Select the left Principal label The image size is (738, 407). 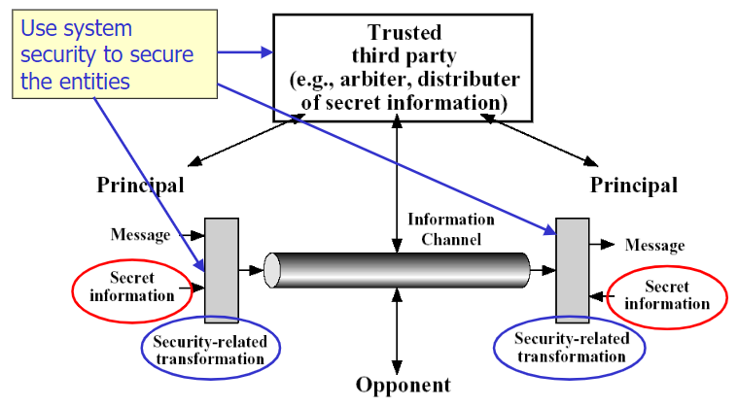click(x=140, y=185)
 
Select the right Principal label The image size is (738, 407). click(x=634, y=185)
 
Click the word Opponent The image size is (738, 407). click(x=403, y=386)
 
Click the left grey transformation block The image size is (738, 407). click(x=221, y=269)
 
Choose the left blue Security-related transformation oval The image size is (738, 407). click(x=209, y=351)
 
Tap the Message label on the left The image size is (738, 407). click(x=140, y=234)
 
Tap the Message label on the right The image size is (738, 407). click(x=653, y=246)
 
